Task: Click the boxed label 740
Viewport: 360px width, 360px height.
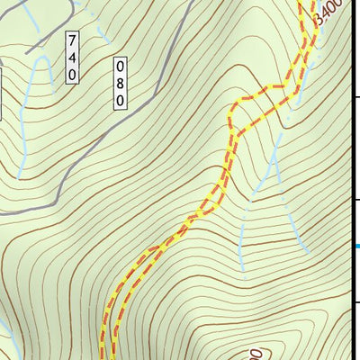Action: coord(72,58)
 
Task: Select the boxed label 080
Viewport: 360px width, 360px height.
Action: coord(119,83)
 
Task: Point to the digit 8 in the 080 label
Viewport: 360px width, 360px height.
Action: coord(119,83)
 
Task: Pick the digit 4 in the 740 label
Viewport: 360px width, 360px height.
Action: coord(72,58)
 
